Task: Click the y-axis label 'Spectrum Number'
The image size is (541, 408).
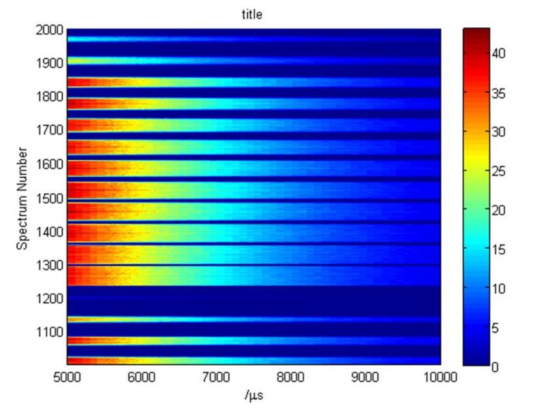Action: click(x=22, y=196)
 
